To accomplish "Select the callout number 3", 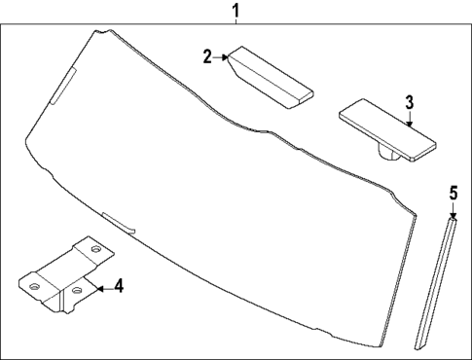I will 409,101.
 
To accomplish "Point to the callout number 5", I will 453,194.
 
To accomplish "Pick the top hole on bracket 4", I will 95,250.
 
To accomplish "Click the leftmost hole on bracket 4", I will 34,287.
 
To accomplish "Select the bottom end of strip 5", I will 420,340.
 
